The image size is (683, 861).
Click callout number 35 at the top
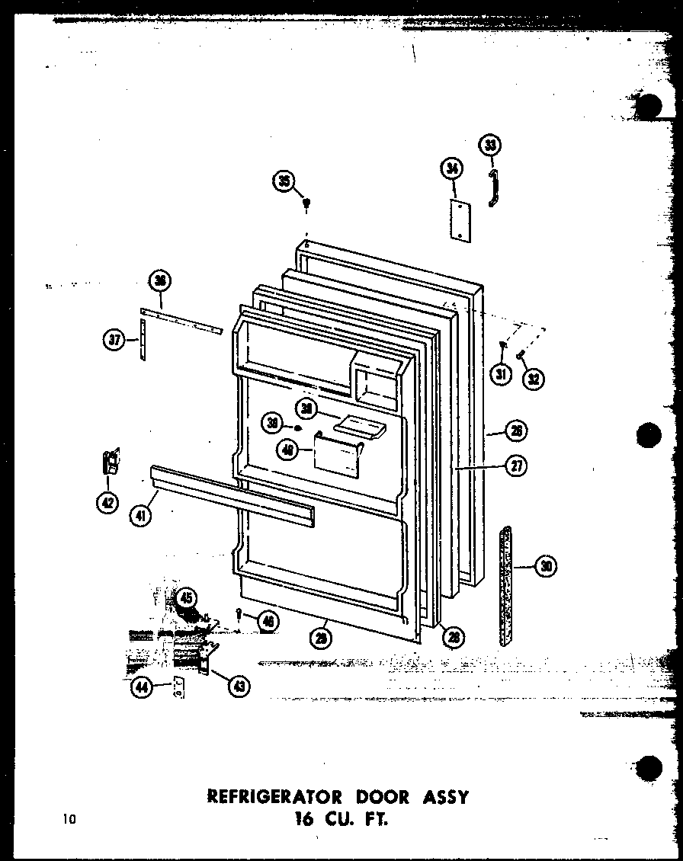coord(284,181)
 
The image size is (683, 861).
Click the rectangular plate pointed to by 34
coord(459,221)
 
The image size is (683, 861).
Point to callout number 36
coord(159,281)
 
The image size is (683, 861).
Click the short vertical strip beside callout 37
coord(141,341)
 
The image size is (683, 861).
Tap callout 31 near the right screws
coord(500,373)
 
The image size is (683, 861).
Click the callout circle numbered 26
coord(516,431)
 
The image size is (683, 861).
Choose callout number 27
coord(516,466)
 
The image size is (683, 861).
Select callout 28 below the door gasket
coord(453,638)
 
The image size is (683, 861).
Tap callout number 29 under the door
coord(322,638)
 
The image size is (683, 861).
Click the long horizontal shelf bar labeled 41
coord(232,498)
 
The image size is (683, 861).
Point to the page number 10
coord(70,820)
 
